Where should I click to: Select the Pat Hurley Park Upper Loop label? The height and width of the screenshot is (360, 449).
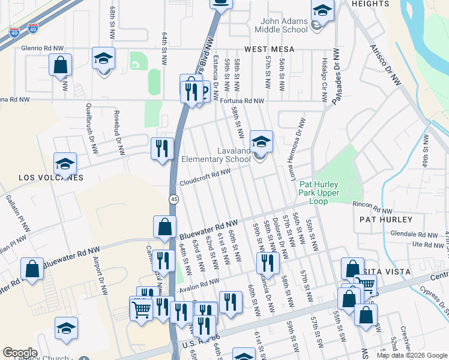319,193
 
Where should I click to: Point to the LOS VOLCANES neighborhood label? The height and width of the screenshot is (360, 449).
50,178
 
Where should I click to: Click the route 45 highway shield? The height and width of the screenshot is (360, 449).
173,199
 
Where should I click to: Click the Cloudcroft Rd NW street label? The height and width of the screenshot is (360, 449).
205,176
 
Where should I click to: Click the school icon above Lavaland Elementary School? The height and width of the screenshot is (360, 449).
261,142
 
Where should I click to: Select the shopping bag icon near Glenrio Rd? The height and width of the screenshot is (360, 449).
61,64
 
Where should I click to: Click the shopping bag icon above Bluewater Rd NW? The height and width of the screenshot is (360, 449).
164,227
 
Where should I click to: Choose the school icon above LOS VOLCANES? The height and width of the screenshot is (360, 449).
65,163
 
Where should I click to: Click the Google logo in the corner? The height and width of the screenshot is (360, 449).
20,353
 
